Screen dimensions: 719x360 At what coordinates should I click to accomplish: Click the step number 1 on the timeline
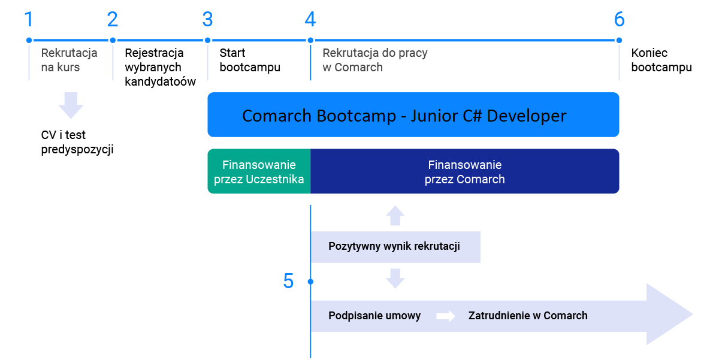[29, 19]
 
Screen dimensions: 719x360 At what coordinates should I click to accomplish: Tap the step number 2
[113, 19]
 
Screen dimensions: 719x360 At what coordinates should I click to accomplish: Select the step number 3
[208, 19]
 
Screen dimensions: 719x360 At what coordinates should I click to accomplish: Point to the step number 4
[310, 19]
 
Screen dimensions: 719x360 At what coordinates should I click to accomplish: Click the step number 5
[288, 281]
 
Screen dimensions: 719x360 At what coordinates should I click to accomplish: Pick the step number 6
[619, 19]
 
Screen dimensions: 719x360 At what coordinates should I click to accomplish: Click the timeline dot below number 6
[619, 40]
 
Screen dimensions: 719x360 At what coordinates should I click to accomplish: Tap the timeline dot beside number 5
[310, 282]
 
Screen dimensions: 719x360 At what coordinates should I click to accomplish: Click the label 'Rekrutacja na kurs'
[69, 60]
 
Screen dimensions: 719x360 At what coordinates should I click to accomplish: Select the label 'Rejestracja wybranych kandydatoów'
[160, 67]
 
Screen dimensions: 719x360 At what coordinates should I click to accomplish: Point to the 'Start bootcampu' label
[250, 60]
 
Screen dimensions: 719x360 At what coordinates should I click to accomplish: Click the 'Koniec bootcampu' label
[661, 60]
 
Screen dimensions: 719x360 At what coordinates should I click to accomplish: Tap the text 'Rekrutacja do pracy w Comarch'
[375, 60]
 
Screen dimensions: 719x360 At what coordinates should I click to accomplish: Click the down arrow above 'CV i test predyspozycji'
[71, 105]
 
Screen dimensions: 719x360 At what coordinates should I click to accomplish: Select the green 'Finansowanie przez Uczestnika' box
[259, 171]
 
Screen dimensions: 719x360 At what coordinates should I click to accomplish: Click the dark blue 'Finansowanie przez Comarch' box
[465, 171]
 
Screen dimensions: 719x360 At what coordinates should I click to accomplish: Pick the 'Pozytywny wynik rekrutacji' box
[395, 247]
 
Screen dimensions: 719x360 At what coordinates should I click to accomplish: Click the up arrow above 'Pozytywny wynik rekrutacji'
[395, 216]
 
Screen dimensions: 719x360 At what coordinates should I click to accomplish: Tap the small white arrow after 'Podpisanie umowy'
[446, 316]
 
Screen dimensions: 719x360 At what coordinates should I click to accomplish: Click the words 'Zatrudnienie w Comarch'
[528, 316]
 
